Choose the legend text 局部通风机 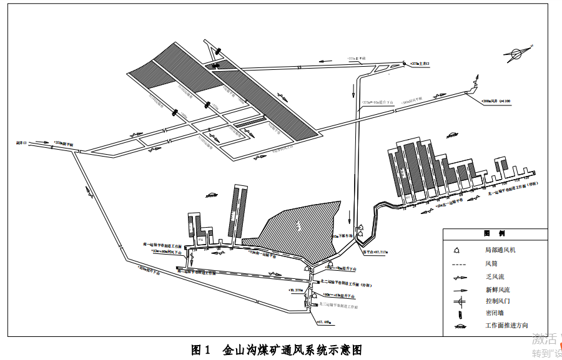pos(501,250)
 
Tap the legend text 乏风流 pos(496,277)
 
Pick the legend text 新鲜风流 pos(498,290)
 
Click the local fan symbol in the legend pos(457,250)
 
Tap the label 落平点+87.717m pos(375,253)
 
